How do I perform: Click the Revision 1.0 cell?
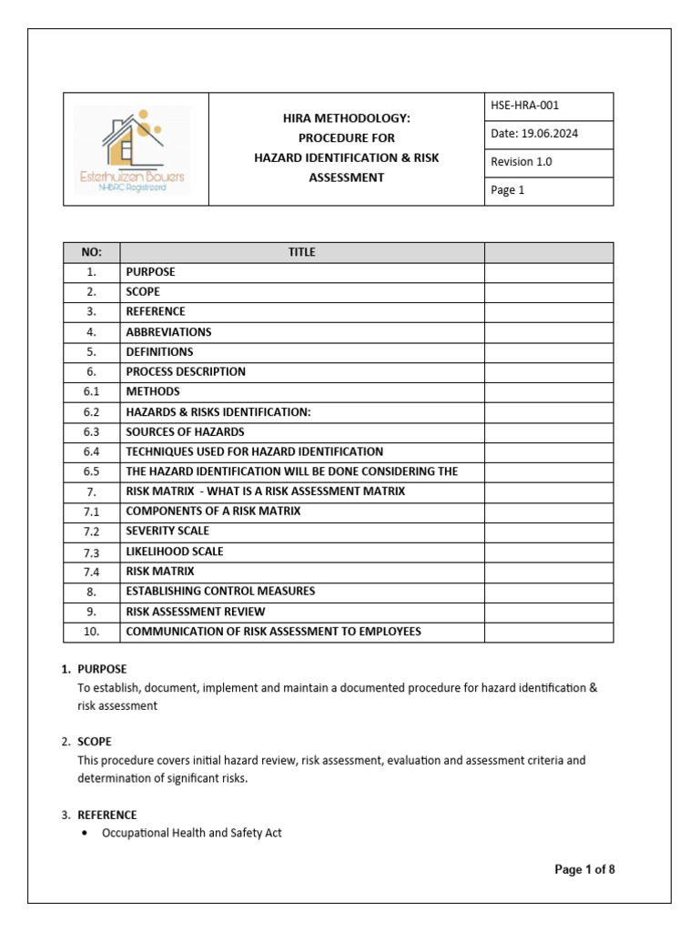[x=522, y=162]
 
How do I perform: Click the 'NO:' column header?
[x=91, y=252]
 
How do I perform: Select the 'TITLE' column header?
[x=301, y=252]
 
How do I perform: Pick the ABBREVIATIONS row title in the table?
[x=168, y=332]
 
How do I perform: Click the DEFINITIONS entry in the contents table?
[x=159, y=352]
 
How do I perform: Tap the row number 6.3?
[x=91, y=432]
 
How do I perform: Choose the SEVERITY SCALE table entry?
[x=167, y=531]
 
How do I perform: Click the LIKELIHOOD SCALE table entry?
[x=174, y=552]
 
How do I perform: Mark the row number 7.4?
[x=91, y=572]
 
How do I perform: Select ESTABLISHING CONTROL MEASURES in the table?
[x=220, y=592]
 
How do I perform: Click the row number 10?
[x=91, y=632]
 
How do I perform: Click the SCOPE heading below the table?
[x=95, y=742]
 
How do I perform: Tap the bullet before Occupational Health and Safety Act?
[x=85, y=833]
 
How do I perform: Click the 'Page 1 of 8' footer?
[x=584, y=869]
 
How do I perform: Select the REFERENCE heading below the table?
[x=107, y=815]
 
